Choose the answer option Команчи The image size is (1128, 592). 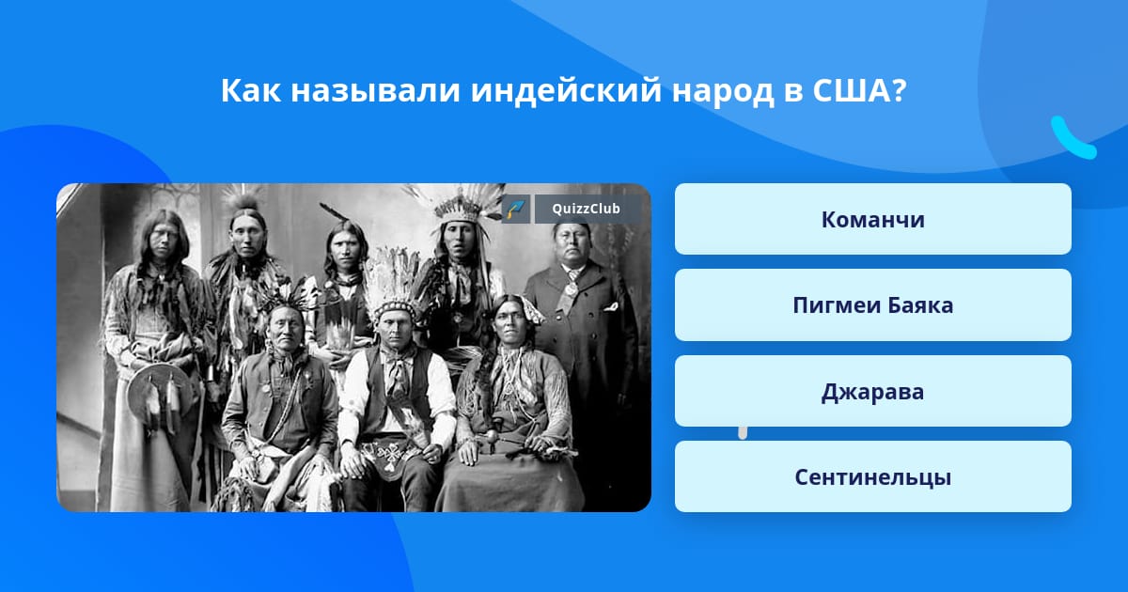point(872,219)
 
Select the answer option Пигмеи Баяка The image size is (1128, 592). point(872,305)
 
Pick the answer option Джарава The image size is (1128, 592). point(872,391)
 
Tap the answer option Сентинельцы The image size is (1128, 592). point(872,476)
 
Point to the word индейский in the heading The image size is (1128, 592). point(566,90)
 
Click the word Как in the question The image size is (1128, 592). point(251,90)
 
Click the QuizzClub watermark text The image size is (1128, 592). point(586,209)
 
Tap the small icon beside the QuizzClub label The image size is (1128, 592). point(516,209)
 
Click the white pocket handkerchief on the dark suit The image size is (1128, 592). point(611,306)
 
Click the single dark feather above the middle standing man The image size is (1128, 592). point(334,212)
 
